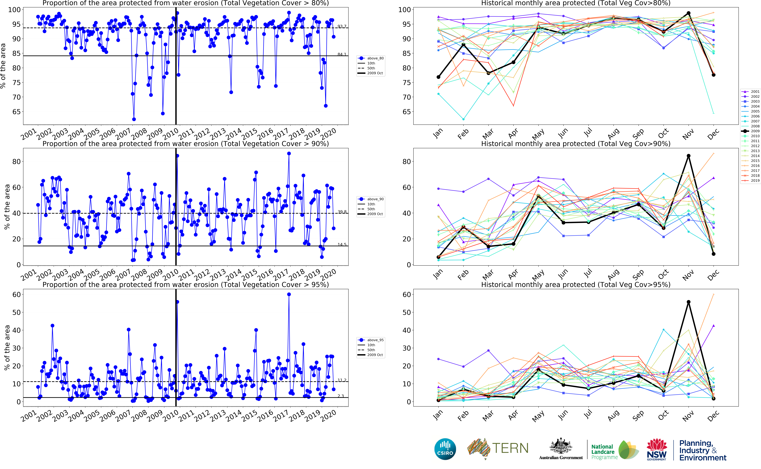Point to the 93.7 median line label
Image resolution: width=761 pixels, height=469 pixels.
[x=342, y=26]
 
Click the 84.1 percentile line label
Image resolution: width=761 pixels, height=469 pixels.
[x=342, y=54]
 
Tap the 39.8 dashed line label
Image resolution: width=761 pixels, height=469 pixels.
[x=342, y=212]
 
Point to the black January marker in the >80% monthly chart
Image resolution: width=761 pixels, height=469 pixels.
[x=438, y=77]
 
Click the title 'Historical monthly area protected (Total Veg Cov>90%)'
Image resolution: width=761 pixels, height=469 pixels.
[x=576, y=144]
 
